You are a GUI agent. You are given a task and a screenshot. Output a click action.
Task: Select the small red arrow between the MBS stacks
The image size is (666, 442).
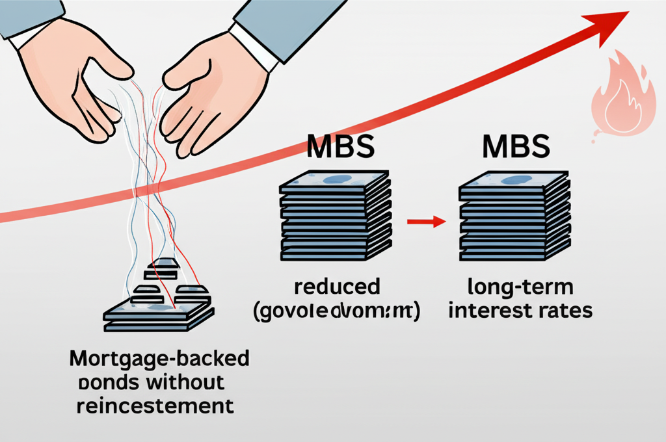[425, 222]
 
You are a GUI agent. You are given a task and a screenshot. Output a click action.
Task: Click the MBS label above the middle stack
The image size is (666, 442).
[340, 146]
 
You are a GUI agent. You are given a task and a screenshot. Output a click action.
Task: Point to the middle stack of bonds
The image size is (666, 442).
[336, 215]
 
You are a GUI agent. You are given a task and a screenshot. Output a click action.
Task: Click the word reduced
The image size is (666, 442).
[336, 287]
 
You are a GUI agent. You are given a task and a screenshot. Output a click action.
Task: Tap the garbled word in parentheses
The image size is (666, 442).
[336, 311]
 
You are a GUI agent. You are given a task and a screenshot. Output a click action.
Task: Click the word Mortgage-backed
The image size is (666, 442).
[159, 359]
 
